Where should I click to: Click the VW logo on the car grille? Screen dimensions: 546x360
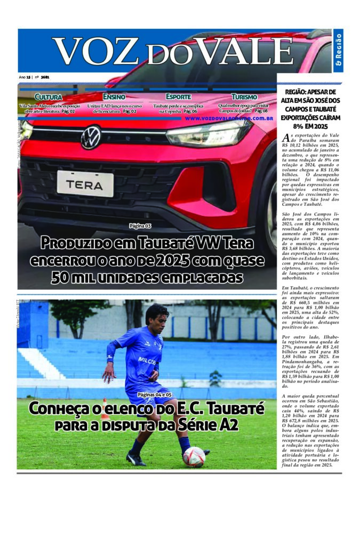coord(91,137)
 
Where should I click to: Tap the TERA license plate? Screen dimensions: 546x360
coord(85,183)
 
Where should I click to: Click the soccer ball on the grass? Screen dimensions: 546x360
coord(194,457)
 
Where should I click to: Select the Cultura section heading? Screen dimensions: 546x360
coord(48,97)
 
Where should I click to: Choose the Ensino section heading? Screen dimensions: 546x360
coord(114,97)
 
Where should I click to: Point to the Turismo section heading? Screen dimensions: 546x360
coord(244,97)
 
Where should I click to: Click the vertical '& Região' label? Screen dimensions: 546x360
coord(339,52)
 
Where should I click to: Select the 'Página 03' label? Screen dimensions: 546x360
coord(140,226)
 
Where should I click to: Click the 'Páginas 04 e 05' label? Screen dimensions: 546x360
coord(155,395)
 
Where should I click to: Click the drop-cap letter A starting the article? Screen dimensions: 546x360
coord(284,137)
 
